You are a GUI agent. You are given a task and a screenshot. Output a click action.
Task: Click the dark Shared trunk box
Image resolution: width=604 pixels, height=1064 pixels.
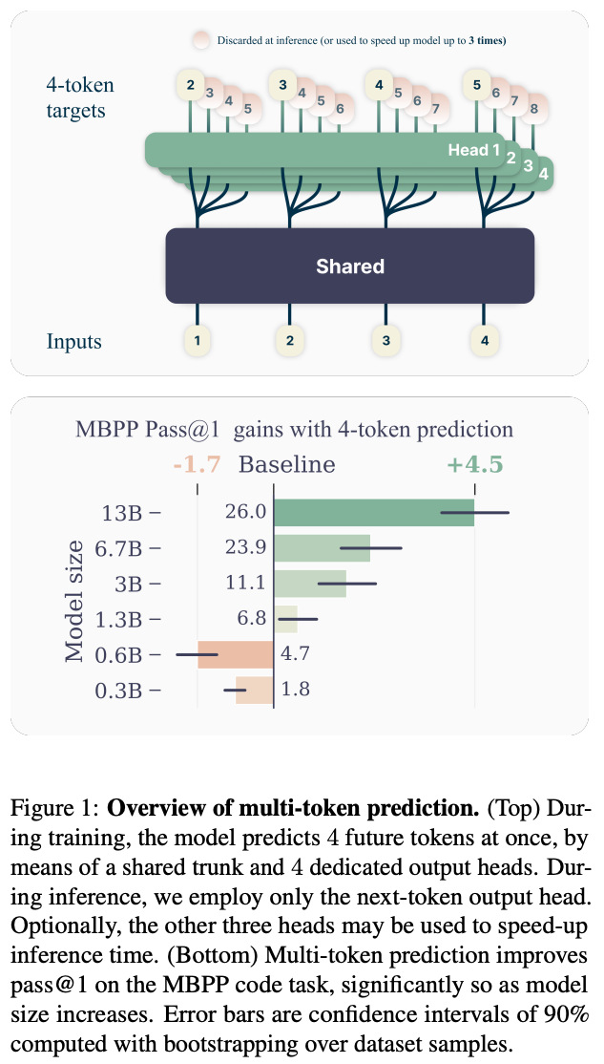tap(349, 266)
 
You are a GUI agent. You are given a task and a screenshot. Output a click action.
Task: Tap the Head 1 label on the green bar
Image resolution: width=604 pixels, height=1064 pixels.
tap(474, 150)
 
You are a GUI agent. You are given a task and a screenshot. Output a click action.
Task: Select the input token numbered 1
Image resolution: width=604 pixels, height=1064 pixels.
tap(197, 339)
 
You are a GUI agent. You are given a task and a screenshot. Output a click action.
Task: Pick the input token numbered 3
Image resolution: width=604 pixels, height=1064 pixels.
tap(385, 339)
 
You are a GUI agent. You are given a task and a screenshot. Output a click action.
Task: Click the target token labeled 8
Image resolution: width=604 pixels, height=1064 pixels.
tap(533, 108)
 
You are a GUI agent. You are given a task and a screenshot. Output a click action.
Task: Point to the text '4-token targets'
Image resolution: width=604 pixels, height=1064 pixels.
tap(80, 98)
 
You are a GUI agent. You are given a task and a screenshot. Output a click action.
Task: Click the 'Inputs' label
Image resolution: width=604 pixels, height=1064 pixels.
tap(75, 341)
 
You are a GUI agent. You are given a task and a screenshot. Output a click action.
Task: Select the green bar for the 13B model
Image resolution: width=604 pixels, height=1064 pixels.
tap(373, 513)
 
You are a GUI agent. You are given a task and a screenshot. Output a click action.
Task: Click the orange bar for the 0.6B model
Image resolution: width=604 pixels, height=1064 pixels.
tap(236, 654)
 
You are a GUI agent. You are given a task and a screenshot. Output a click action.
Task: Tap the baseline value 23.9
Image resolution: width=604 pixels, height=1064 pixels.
tap(244, 548)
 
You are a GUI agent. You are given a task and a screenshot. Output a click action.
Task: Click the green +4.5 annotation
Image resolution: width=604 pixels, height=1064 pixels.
tap(474, 465)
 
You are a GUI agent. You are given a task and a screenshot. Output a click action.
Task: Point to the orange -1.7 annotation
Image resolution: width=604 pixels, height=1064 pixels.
tap(197, 465)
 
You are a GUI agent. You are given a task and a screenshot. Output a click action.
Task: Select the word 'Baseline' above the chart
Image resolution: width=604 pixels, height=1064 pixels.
tap(286, 465)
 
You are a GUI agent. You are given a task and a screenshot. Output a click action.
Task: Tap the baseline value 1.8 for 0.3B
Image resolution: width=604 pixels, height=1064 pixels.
tap(296, 689)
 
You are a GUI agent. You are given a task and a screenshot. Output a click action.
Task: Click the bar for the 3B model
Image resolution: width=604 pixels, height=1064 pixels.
tap(310, 584)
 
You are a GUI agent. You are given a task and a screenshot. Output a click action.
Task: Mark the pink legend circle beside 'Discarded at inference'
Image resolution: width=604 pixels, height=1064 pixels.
tap(200, 40)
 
